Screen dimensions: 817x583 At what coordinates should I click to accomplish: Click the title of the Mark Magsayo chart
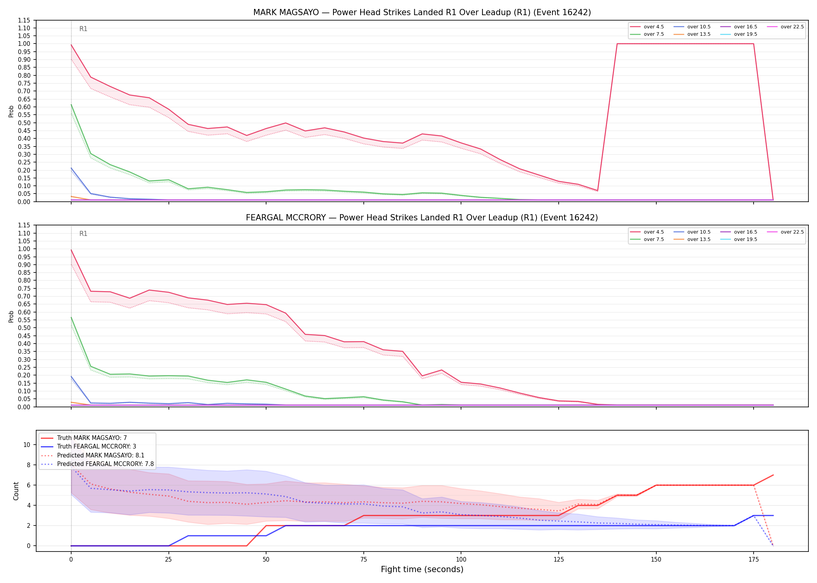[422, 12]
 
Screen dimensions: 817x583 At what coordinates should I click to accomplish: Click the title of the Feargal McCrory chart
[422, 218]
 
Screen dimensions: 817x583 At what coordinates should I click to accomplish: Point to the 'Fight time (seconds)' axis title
[422, 569]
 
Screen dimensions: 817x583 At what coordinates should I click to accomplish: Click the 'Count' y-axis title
[16, 491]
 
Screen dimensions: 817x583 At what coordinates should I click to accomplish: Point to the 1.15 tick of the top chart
[24, 20]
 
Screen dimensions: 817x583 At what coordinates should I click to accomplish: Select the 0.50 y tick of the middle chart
[24, 328]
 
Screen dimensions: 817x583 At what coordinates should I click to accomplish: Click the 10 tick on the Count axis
[27, 445]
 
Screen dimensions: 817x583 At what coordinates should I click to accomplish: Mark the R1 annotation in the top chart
[83, 29]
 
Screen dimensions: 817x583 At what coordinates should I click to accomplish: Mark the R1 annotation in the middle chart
[83, 234]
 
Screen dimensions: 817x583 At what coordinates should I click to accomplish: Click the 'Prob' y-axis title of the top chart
[11, 111]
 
